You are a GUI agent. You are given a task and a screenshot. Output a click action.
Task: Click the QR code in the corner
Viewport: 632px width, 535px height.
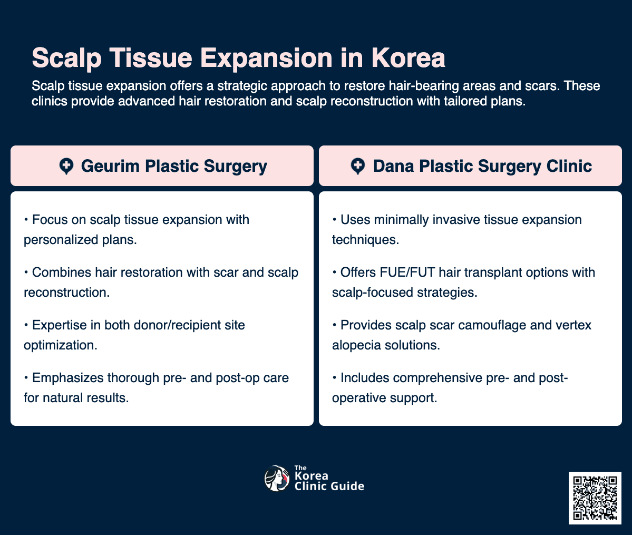click(x=595, y=498)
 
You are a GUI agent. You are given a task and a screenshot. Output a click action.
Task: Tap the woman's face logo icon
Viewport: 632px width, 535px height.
click(x=277, y=479)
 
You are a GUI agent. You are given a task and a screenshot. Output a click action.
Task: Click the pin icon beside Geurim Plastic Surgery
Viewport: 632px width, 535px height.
click(x=66, y=167)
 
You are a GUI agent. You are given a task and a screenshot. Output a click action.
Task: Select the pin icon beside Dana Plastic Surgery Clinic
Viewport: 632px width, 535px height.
click(x=358, y=167)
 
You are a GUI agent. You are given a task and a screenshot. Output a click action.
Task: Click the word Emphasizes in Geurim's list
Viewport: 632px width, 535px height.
click(x=68, y=378)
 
